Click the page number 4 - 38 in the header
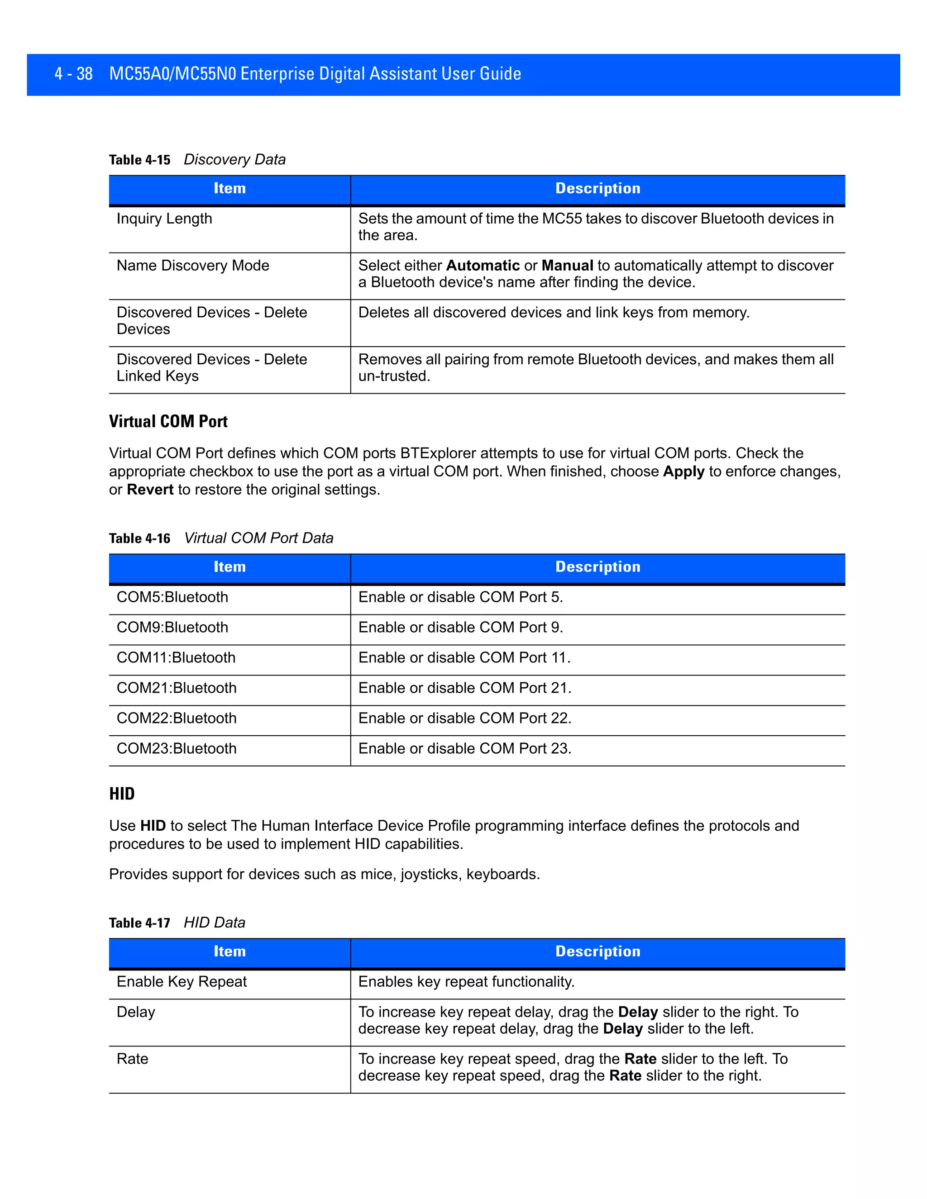pos(74,74)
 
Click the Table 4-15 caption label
pos(139,160)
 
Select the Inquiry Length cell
pos(164,219)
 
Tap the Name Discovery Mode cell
pos(193,266)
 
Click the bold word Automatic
pos(483,266)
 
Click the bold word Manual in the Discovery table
pos(567,266)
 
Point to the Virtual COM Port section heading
pos(168,422)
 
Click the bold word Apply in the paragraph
pos(683,471)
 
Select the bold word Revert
pos(150,490)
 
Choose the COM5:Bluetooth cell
pos(172,597)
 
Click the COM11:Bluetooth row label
pos(176,658)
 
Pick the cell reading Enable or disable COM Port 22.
pos(464,718)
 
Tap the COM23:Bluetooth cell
pos(176,748)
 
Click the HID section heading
pos(122,794)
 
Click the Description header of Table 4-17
pos(597,952)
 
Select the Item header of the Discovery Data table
pos(229,188)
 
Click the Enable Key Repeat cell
pos(182,982)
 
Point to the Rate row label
pos(132,1059)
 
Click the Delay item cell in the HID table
pos(136,1012)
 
